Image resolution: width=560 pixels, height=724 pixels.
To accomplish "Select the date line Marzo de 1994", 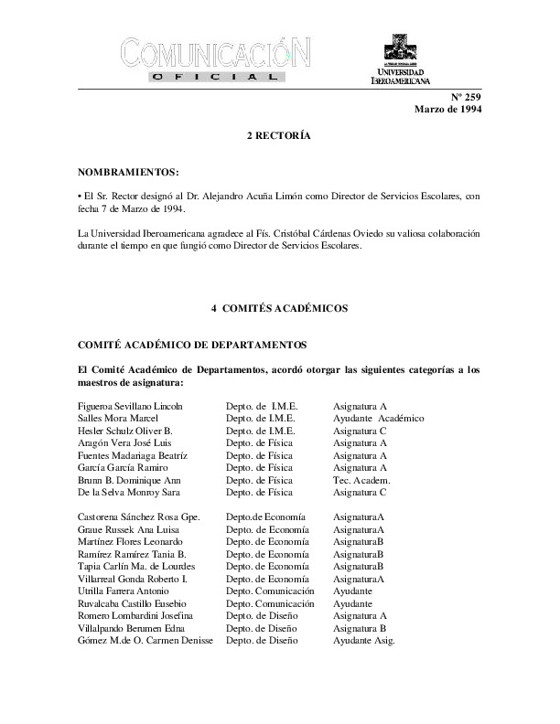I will tap(447, 110).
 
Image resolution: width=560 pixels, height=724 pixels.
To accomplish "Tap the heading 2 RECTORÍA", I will tap(279, 136).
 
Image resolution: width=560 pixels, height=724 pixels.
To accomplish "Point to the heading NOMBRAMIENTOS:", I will tap(128, 172).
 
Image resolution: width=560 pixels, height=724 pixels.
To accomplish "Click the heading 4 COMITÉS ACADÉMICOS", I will tap(279, 309).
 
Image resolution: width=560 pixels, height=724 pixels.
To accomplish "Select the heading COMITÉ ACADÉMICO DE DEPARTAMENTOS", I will tap(178, 345).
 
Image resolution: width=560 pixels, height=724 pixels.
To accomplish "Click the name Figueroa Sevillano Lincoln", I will tap(131, 405).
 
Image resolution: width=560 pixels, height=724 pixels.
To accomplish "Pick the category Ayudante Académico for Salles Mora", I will tap(378, 418).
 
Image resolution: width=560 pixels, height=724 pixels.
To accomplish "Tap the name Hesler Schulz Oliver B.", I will tap(124, 430).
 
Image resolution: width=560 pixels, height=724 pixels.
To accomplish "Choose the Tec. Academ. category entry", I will tap(361, 480).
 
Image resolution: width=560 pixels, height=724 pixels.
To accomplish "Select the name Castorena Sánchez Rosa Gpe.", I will tap(138, 517).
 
